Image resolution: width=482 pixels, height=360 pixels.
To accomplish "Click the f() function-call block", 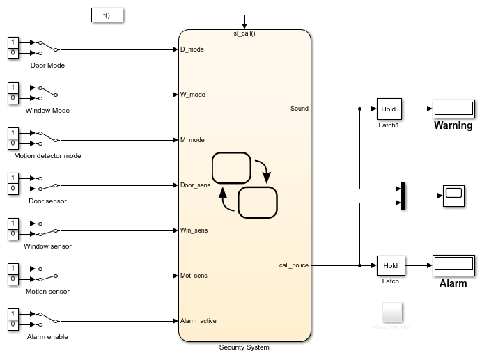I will coord(107,15).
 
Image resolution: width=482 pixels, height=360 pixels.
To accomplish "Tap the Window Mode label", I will coord(47,111).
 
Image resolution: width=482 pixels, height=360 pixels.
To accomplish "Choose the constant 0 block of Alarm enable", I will coord(12,325).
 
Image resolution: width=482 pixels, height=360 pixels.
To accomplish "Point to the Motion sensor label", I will coord(47,292).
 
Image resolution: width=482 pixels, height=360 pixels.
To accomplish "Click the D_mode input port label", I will coord(192,49).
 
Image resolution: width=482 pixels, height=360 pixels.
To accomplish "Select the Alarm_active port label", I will coord(198,321).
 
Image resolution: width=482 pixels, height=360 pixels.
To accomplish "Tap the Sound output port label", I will coord(299,109).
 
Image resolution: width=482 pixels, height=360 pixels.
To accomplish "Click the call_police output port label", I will coord(293,265).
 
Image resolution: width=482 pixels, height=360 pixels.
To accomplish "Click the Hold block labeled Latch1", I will coord(389,109).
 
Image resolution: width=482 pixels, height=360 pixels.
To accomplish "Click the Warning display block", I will coord(453,109).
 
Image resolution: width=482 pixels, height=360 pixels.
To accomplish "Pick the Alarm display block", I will coord(453,265).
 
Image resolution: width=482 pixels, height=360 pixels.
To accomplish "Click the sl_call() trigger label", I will coord(244,33).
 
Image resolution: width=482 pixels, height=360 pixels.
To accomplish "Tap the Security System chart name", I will coord(244,347).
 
